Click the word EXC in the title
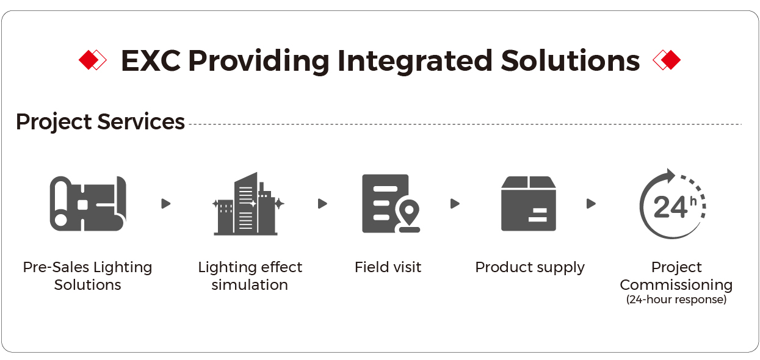(x=151, y=60)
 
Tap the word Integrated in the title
(x=414, y=62)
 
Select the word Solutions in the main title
(x=570, y=60)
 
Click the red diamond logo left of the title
(x=92, y=60)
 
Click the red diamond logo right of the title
(x=667, y=60)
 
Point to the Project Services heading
(x=101, y=121)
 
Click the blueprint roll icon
(x=89, y=204)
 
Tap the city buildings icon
(x=248, y=204)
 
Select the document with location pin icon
(x=391, y=204)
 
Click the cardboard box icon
(x=528, y=204)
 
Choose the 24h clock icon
(x=673, y=204)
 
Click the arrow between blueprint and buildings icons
(x=166, y=204)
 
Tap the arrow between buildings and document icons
(x=323, y=204)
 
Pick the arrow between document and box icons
(x=455, y=204)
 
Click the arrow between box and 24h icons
(x=592, y=204)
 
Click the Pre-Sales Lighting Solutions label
(x=87, y=276)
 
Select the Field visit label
(x=388, y=267)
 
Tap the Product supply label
(x=530, y=268)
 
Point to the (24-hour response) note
(x=676, y=300)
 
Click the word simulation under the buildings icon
(x=250, y=285)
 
